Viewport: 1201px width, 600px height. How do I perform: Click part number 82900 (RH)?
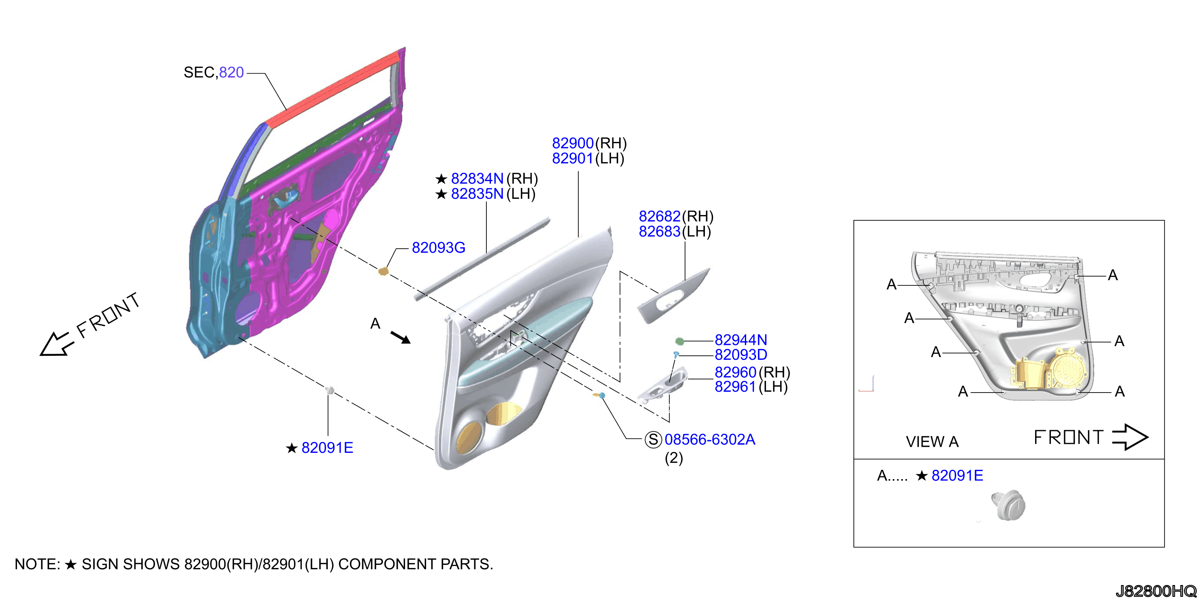(x=589, y=143)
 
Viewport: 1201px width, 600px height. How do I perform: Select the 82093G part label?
(x=438, y=247)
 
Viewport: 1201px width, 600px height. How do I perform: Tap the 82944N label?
(x=741, y=340)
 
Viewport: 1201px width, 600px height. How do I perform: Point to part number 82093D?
(x=741, y=355)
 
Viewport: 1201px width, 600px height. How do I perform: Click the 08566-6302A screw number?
(x=710, y=439)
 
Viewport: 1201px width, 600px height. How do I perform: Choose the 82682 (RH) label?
(x=676, y=216)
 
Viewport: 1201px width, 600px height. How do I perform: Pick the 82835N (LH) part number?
(x=493, y=194)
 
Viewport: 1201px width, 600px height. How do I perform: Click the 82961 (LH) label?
(x=751, y=387)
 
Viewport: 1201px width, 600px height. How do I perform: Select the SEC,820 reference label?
(x=214, y=72)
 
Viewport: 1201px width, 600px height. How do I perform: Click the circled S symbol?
(x=653, y=439)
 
